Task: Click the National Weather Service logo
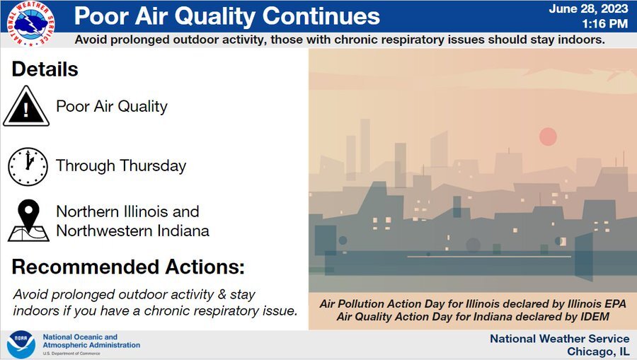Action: click(31, 23)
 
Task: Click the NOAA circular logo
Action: click(21, 344)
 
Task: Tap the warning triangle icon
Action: click(26, 106)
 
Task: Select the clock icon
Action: click(28, 167)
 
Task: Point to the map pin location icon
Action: click(29, 221)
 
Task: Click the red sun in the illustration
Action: click(548, 137)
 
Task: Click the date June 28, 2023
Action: click(588, 9)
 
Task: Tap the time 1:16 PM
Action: click(605, 24)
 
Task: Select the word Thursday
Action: click(153, 166)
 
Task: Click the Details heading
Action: click(45, 69)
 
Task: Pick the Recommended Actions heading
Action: click(128, 267)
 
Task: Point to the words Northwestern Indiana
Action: click(132, 231)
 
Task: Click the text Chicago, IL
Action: click(598, 352)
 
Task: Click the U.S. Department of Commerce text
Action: click(71, 354)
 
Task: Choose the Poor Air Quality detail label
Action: click(112, 107)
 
